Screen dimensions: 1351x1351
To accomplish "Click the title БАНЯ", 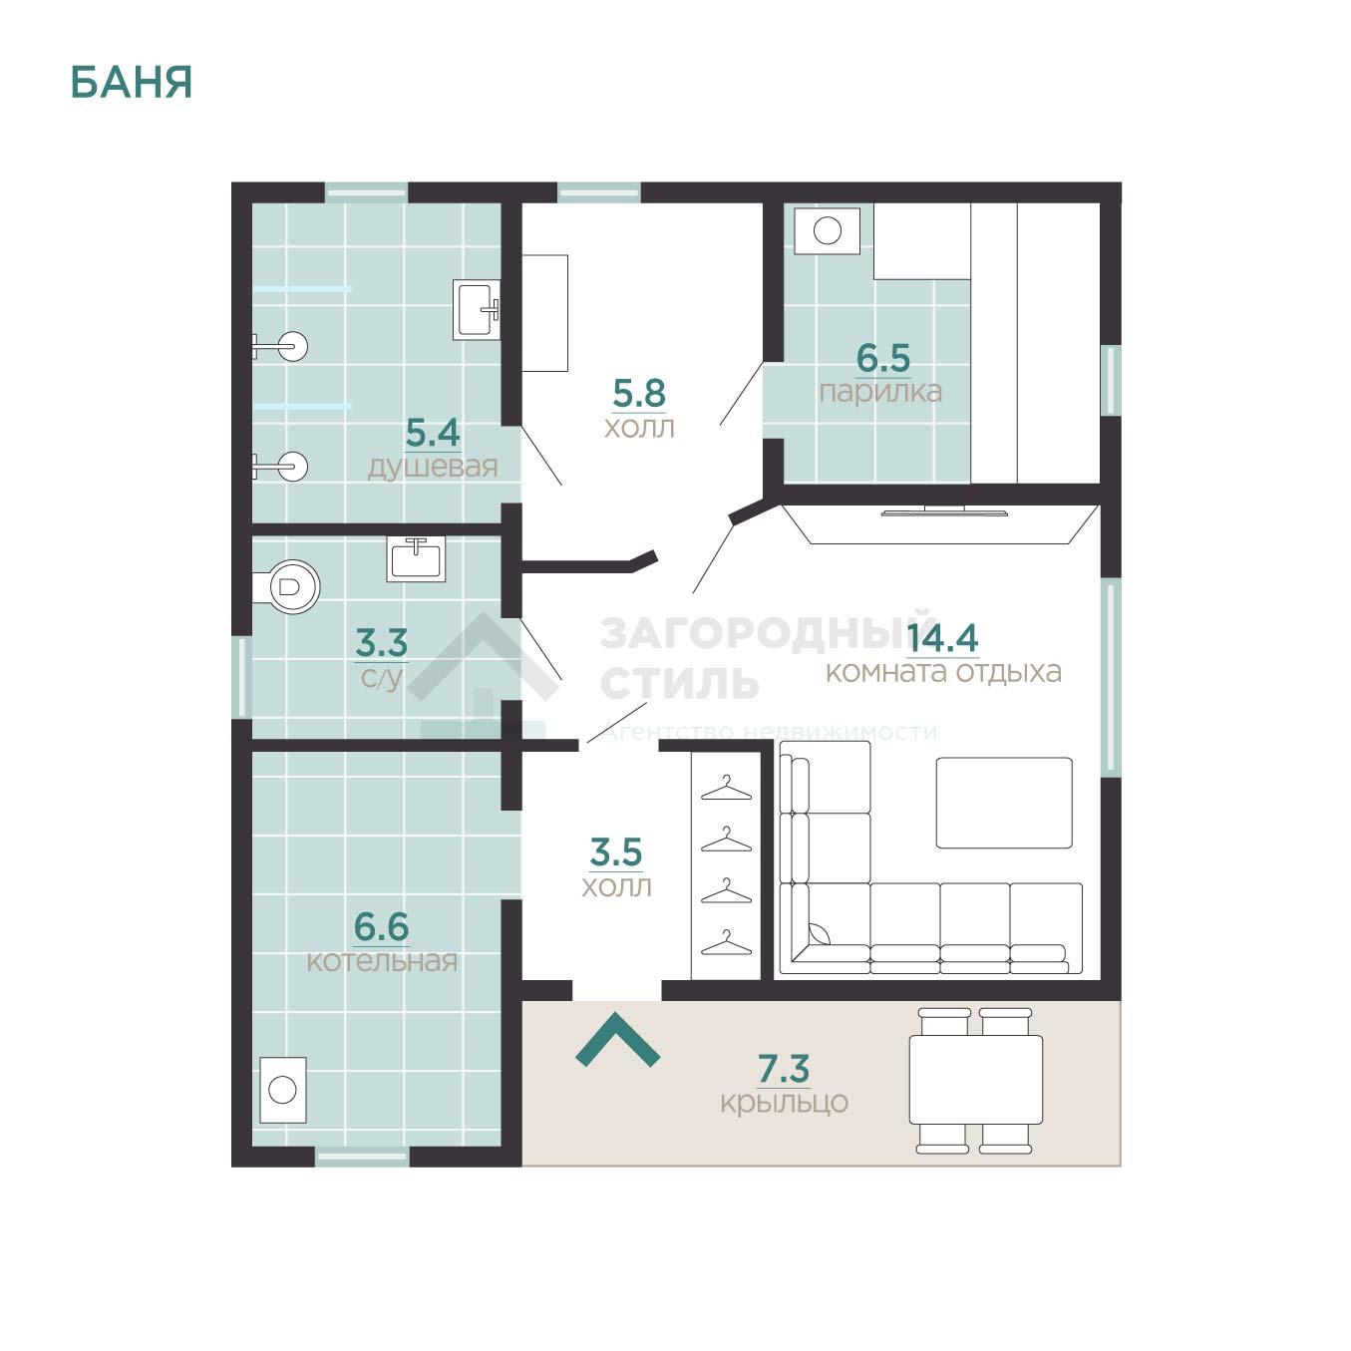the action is pos(131,83).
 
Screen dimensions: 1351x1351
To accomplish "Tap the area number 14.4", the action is pos(942,637).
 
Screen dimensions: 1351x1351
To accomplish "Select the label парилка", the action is pos(879,392).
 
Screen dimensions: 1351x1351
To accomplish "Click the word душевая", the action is pos(433,467).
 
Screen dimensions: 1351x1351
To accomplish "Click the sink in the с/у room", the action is pos(416,558).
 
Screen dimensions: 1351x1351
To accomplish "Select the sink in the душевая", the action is pos(477,309).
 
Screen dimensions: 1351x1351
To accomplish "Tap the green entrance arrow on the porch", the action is pos(617,1039).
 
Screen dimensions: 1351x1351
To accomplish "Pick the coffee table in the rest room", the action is pos(1004,802).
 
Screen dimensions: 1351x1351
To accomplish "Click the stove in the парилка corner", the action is pos(828,230).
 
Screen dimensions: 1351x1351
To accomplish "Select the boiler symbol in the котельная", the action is pos(282,1090).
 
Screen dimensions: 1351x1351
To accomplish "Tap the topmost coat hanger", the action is pos(726,788).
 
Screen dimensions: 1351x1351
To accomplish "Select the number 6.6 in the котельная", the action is pos(382,927).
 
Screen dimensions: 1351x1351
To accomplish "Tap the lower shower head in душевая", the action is pos(280,467).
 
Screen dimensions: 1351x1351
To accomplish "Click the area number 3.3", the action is pos(382,642).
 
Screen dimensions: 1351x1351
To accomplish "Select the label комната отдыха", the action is pos(943,672).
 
